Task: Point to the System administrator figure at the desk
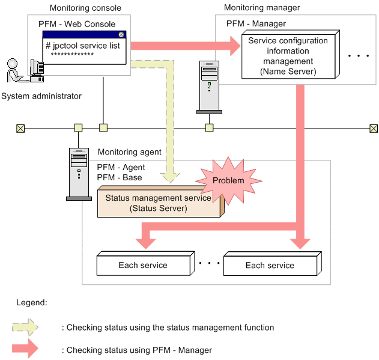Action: coord(22,71)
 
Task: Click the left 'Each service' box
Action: coord(143,265)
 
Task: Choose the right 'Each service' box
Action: coord(270,265)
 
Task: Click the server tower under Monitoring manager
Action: coord(209,87)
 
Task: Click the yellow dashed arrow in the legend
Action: coord(25,328)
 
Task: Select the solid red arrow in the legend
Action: coord(25,349)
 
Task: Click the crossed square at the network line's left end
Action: coord(20,128)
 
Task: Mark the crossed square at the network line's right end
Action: coord(374,128)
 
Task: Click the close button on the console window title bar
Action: coord(121,34)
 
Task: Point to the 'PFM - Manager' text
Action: coord(256,23)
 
